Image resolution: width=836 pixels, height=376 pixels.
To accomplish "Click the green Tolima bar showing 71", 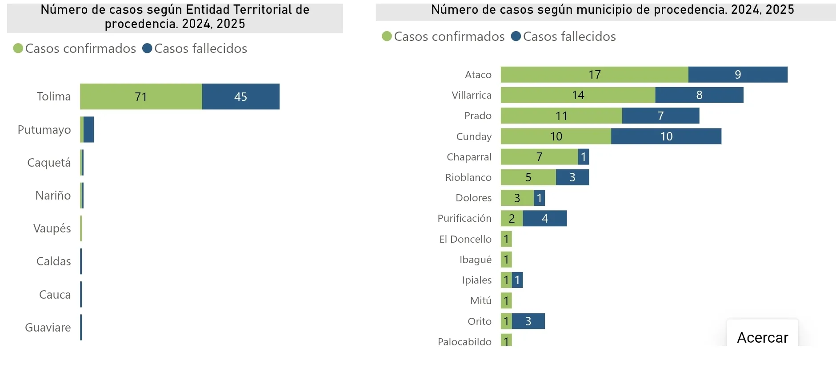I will [141, 96].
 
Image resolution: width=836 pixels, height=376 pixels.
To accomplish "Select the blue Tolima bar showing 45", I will [240, 96].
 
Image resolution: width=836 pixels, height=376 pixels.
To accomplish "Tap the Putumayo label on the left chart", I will [44, 130].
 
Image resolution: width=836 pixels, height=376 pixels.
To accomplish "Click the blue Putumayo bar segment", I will [88, 130].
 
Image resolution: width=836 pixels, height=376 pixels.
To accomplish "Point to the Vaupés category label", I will [52, 228].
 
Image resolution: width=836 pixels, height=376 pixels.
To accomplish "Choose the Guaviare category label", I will [48, 328].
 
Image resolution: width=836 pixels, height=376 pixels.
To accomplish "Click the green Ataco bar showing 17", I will [594, 75].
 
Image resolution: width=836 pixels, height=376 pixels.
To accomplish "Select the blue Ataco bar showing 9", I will [738, 75].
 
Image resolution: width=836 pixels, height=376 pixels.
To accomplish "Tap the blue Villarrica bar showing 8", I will [699, 95].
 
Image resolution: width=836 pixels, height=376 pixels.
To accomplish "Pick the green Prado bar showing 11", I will [561, 116].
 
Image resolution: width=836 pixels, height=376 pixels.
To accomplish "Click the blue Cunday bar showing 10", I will [666, 136].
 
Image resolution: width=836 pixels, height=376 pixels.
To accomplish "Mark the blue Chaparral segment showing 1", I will [584, 157].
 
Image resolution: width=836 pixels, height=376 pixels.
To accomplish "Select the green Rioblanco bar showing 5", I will [528, 177].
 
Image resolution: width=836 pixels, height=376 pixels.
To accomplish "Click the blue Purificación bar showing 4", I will [545, 218].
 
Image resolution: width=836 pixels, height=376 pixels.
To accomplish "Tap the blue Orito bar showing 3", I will [528, 321].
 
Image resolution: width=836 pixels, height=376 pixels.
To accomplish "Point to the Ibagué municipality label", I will [476, 260].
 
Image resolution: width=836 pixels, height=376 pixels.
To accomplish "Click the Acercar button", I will [762, 337].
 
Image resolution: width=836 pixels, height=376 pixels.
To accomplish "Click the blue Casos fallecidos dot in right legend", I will [516, 36].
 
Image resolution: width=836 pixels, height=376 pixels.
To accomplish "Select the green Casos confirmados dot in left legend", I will [18, 48].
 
